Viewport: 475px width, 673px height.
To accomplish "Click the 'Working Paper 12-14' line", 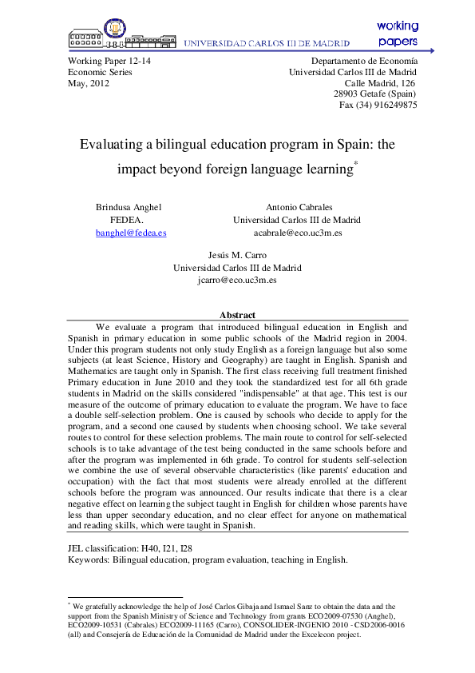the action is tap(109, 61).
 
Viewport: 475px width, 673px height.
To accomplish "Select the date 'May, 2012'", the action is tap(89, 83).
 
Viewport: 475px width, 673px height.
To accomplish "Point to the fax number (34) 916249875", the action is tap(378, 105).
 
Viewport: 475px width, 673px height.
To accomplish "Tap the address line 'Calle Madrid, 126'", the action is tap(379, 83).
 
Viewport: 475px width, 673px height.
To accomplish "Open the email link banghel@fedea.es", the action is tap(130, 233).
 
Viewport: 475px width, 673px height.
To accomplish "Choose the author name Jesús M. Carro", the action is tap(237, 255).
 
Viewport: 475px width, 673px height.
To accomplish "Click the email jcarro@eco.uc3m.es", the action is tap(237, 281).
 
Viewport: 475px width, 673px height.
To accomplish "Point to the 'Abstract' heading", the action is tap(237, 315).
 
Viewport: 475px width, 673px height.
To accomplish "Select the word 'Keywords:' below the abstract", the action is tap(89, 560).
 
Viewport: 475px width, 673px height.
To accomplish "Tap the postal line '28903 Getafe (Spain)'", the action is tap(375, 94).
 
